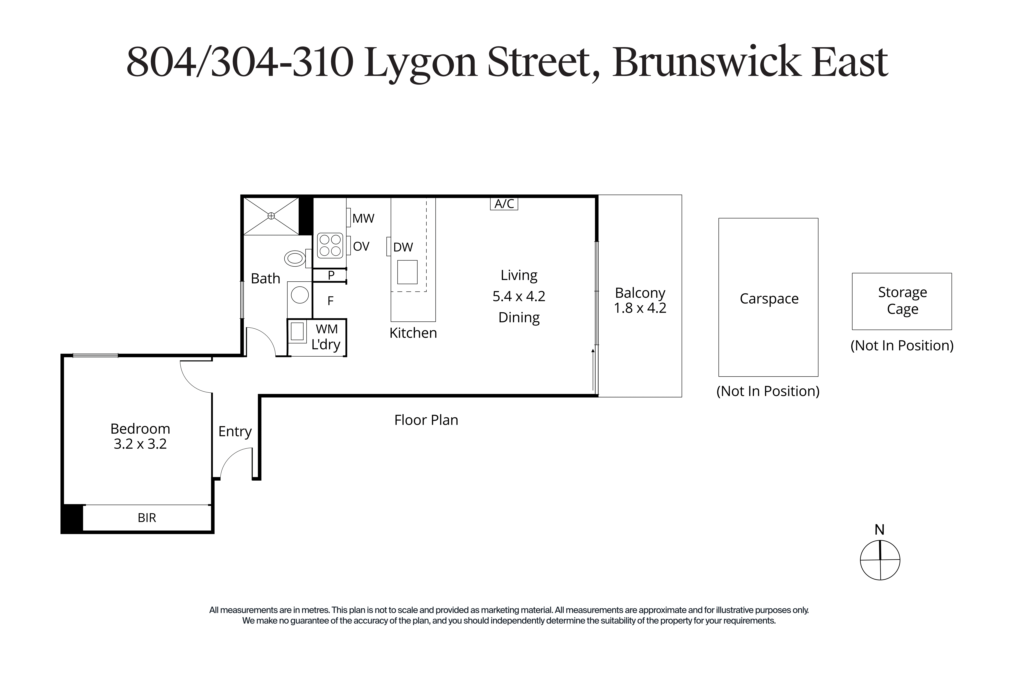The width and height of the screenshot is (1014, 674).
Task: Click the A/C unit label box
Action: pos(504,203)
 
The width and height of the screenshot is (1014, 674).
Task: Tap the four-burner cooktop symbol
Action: pos(330,245)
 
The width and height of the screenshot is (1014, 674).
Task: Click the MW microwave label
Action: pos(363,218)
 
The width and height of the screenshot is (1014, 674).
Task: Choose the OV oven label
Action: pos(361,246)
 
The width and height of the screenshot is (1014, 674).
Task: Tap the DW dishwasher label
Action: pos(403,247)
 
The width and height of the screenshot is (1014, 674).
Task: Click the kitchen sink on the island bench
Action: pos(407,272)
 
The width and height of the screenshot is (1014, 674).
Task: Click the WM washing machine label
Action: pos(327,329)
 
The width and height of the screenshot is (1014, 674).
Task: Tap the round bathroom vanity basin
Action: pos(300,295)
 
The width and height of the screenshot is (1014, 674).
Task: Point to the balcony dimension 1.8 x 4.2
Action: pos(640,308)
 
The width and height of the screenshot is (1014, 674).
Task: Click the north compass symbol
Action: pos(880,560)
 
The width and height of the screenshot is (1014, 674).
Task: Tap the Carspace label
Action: pos(769,299)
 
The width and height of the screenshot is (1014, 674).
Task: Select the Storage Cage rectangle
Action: pos(902,301)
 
